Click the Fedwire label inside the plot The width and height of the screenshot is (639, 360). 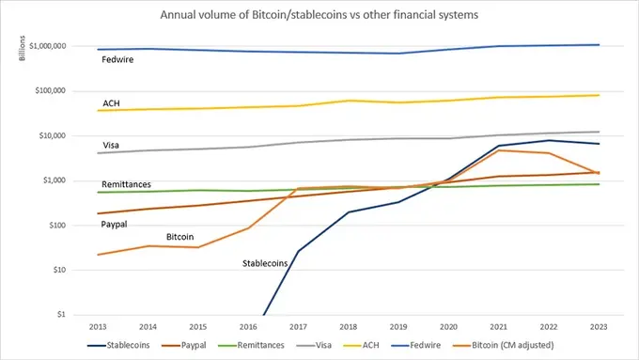click(117, 60)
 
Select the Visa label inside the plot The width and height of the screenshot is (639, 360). click(112, 146)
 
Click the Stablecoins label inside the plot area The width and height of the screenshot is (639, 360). click(260, 262)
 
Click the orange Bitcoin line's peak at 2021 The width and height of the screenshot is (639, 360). click(499, 150)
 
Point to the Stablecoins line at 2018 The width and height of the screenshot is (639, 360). click(348, 212)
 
